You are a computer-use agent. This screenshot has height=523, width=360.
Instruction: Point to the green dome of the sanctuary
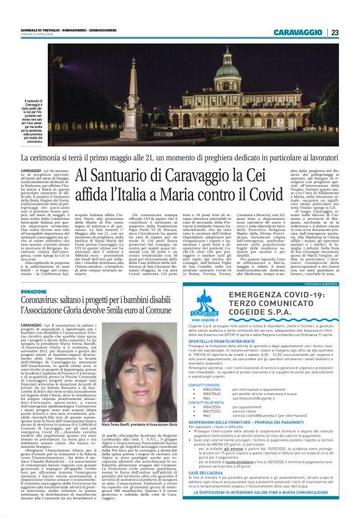245,68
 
